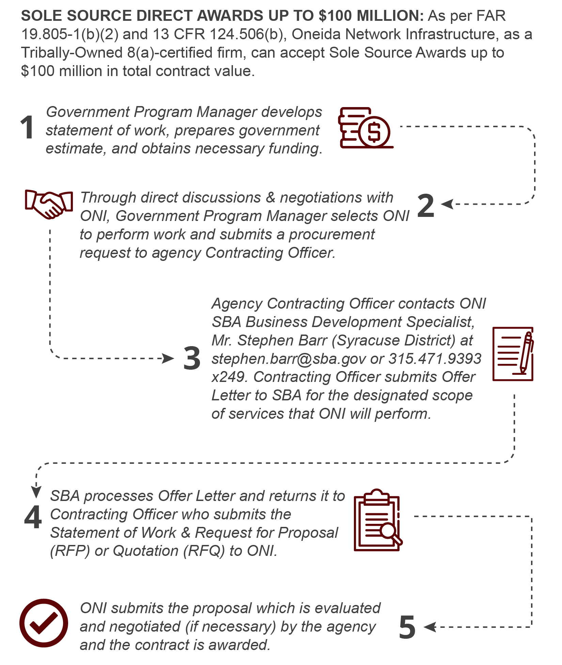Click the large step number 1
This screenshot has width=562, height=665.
(x=27, y=128)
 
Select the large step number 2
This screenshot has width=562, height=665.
(x=426, y=205)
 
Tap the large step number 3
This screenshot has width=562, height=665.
(x=192, y=358)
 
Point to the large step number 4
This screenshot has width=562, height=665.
(x=33, y=517)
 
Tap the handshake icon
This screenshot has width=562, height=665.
(x=49, y=204)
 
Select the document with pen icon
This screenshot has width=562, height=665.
(x=513, y=354)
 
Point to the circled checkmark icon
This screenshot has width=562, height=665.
(x=44, y=623)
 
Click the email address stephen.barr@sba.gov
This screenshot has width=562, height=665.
(x=289, y=359)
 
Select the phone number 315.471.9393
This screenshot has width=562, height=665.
(x=435, y=359)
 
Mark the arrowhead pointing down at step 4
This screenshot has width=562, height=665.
(x=36, y=492)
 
